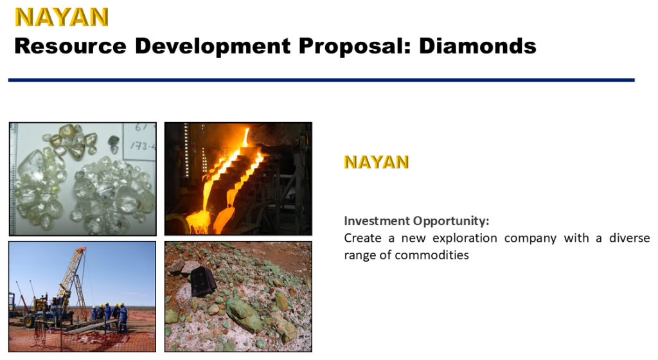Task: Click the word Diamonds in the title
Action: click(x=477, y=46)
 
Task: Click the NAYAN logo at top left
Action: click(x=62, y=17)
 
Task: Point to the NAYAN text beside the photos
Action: click(x=377, y=162)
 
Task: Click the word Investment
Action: click(x=377, y=221)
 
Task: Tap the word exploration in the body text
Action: click(x=465, y=238)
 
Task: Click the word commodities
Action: click(x=432, y=255)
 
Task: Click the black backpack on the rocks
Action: click(x=204, y=281)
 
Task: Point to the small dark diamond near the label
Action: click(x=114, y=140)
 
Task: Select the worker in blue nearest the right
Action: click(x=123, y=316)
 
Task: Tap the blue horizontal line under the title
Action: click(x=321, y=80)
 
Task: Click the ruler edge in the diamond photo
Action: click(x=12, y=180)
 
